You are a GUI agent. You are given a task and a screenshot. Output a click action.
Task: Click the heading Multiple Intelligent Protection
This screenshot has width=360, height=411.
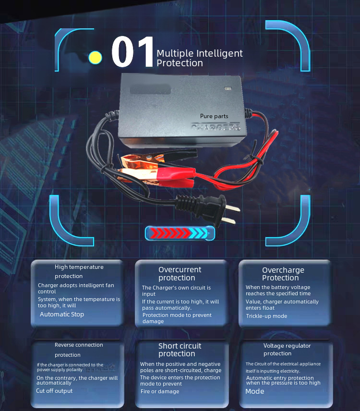tap(200, 58)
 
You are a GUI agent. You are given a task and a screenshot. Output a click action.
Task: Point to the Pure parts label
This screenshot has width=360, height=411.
tap(214, 116)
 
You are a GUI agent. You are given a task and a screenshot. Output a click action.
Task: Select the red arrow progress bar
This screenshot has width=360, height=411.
tap(180, 234)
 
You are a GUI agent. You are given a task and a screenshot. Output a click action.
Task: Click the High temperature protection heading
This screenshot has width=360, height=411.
tap(79, 271)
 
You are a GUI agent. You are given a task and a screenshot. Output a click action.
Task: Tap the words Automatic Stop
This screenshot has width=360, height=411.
tap(62, 314)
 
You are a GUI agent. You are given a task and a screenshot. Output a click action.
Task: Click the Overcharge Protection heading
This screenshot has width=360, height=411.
tap(283, 274)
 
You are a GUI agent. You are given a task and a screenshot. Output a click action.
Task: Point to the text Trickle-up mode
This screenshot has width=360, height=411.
tap(266, 316)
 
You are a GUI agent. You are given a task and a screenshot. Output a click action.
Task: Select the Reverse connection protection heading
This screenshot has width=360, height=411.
tap(79, 350)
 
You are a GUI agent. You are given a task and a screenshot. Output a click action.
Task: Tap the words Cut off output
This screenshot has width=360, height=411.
tap(54, 391)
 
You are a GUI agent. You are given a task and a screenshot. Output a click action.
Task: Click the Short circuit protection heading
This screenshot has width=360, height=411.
tap(180, 350)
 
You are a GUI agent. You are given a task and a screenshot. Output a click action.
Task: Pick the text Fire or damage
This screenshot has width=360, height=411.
tap(160, 391)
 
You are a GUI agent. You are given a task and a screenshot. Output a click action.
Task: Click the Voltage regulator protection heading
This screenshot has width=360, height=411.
tap(287, 350)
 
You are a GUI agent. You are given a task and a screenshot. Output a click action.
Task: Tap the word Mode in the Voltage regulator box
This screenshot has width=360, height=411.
tap(255, 391)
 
